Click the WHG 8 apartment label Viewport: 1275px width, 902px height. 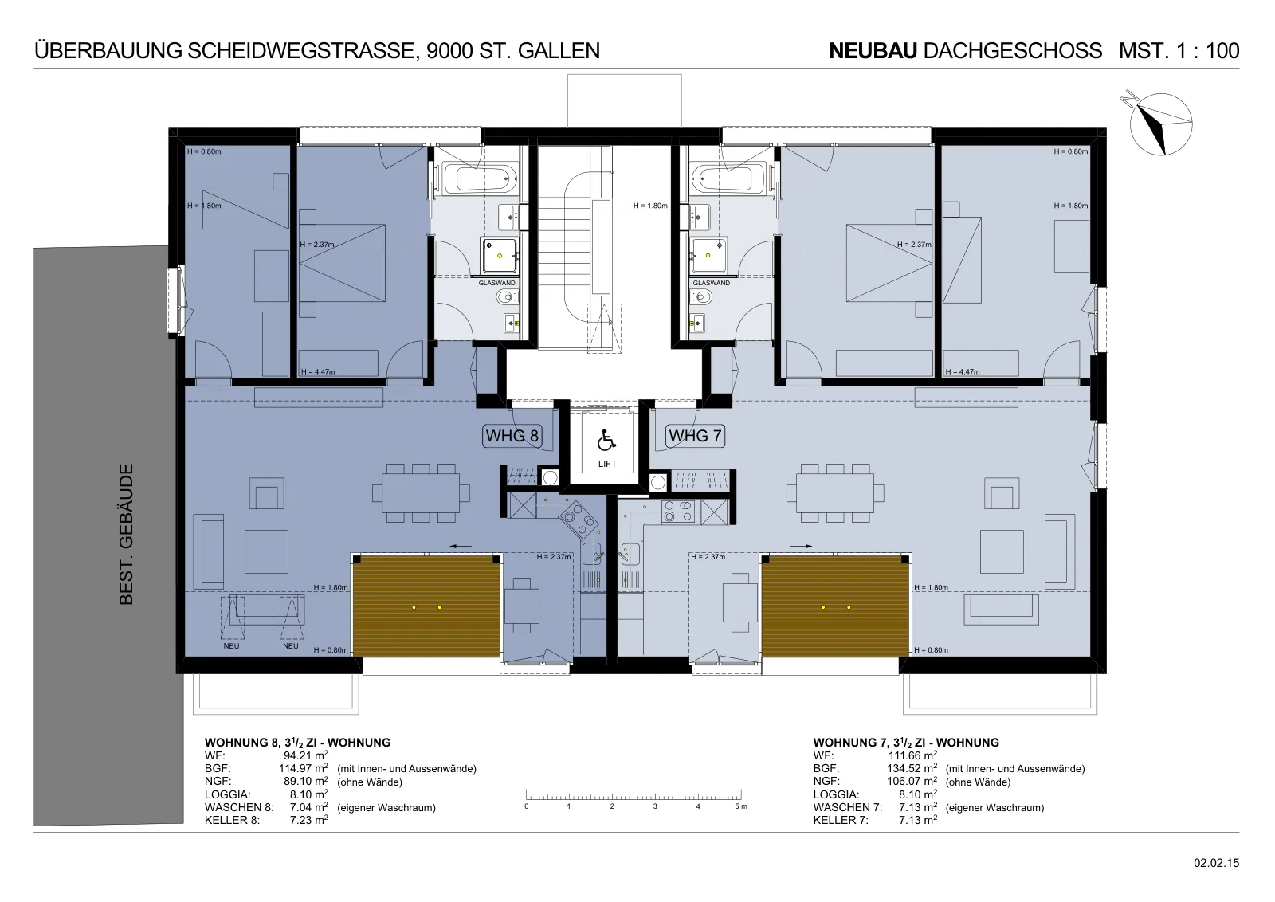pyautogui.click(x=512, y=436)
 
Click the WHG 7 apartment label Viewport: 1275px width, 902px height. pyautogui.click(x=695, y=436)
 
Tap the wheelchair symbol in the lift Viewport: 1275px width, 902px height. pyautogui.click(x=606, y=441)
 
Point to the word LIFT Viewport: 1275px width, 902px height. pyautogui.click(x=607, y=464)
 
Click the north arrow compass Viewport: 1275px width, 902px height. pyautogui.click(x=1160, y=124)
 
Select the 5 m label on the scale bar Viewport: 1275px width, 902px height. pyautogui.click(x=740, y=806)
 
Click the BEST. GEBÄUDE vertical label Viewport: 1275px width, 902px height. pyautogui.click(x=126, y=534)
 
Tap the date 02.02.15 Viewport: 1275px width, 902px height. pyautogui.click(x=1216, y=863)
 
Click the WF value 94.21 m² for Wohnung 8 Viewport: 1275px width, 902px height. pyautogui.click(x=306, y=755)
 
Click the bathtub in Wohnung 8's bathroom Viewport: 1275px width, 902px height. pyautogui.click(x=481, y=178)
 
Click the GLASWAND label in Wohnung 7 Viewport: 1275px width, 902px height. pyautogui.click(x=711, y=283)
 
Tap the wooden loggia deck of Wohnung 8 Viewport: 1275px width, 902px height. pyautogui.click(x=426, y=606)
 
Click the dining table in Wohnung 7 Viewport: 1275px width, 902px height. pyautogui.click(x=835, y=492)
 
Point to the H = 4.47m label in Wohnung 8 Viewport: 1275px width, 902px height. pyautogui.click(x=318, y=371)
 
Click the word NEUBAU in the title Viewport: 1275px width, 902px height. pyautogui.click(x=873, y=51)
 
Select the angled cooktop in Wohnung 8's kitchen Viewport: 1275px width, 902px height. pyautogui.click(x=579, y=519)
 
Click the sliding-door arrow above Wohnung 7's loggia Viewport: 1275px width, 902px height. pyautogui.click(x=801, y=547)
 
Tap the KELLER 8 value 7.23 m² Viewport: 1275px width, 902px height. pyautogui.click(x=308, y=820)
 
